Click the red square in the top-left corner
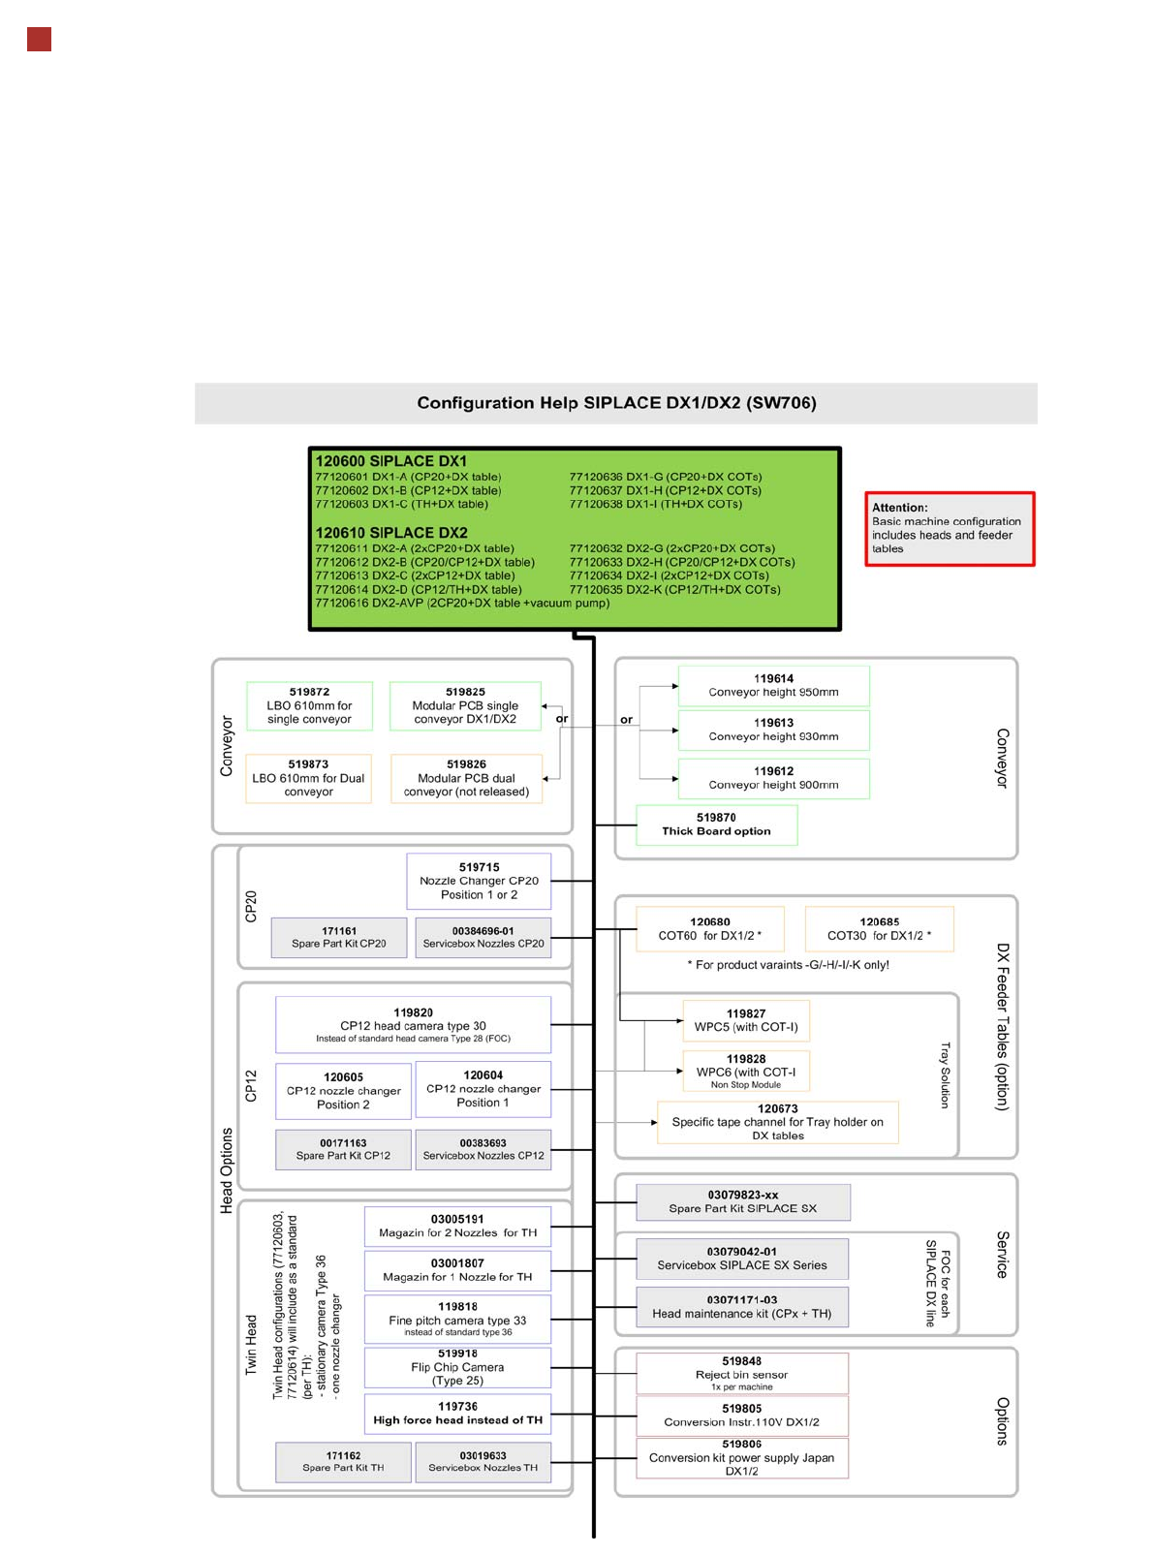tap(39, 40)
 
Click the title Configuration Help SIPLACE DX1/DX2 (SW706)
tap(616, 403)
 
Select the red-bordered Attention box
tap(949, 529)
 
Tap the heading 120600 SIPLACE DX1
tap(391, 461)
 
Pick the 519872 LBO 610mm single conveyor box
tap(309, 705)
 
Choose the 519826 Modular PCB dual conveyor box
tap(466, 778)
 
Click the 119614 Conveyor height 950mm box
tap(773, 686)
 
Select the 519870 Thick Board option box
tap(716, 825)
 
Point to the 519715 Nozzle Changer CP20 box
tap(479, 881)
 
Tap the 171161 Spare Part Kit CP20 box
tap(339, 937)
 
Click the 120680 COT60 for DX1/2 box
tap(709, 929)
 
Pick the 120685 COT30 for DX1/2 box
tap(879, 929)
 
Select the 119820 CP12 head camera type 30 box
tap(413, 1024)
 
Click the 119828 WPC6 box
tap(745, 1071)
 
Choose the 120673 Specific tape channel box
tap(777, 1122)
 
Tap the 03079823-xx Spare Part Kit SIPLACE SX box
tap(742, 1201)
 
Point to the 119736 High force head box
tap(457, 1414)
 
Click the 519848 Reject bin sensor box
tap(741, 1373)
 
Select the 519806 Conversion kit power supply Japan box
tap(741, 1457)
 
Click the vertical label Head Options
tap(227, 1170)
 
